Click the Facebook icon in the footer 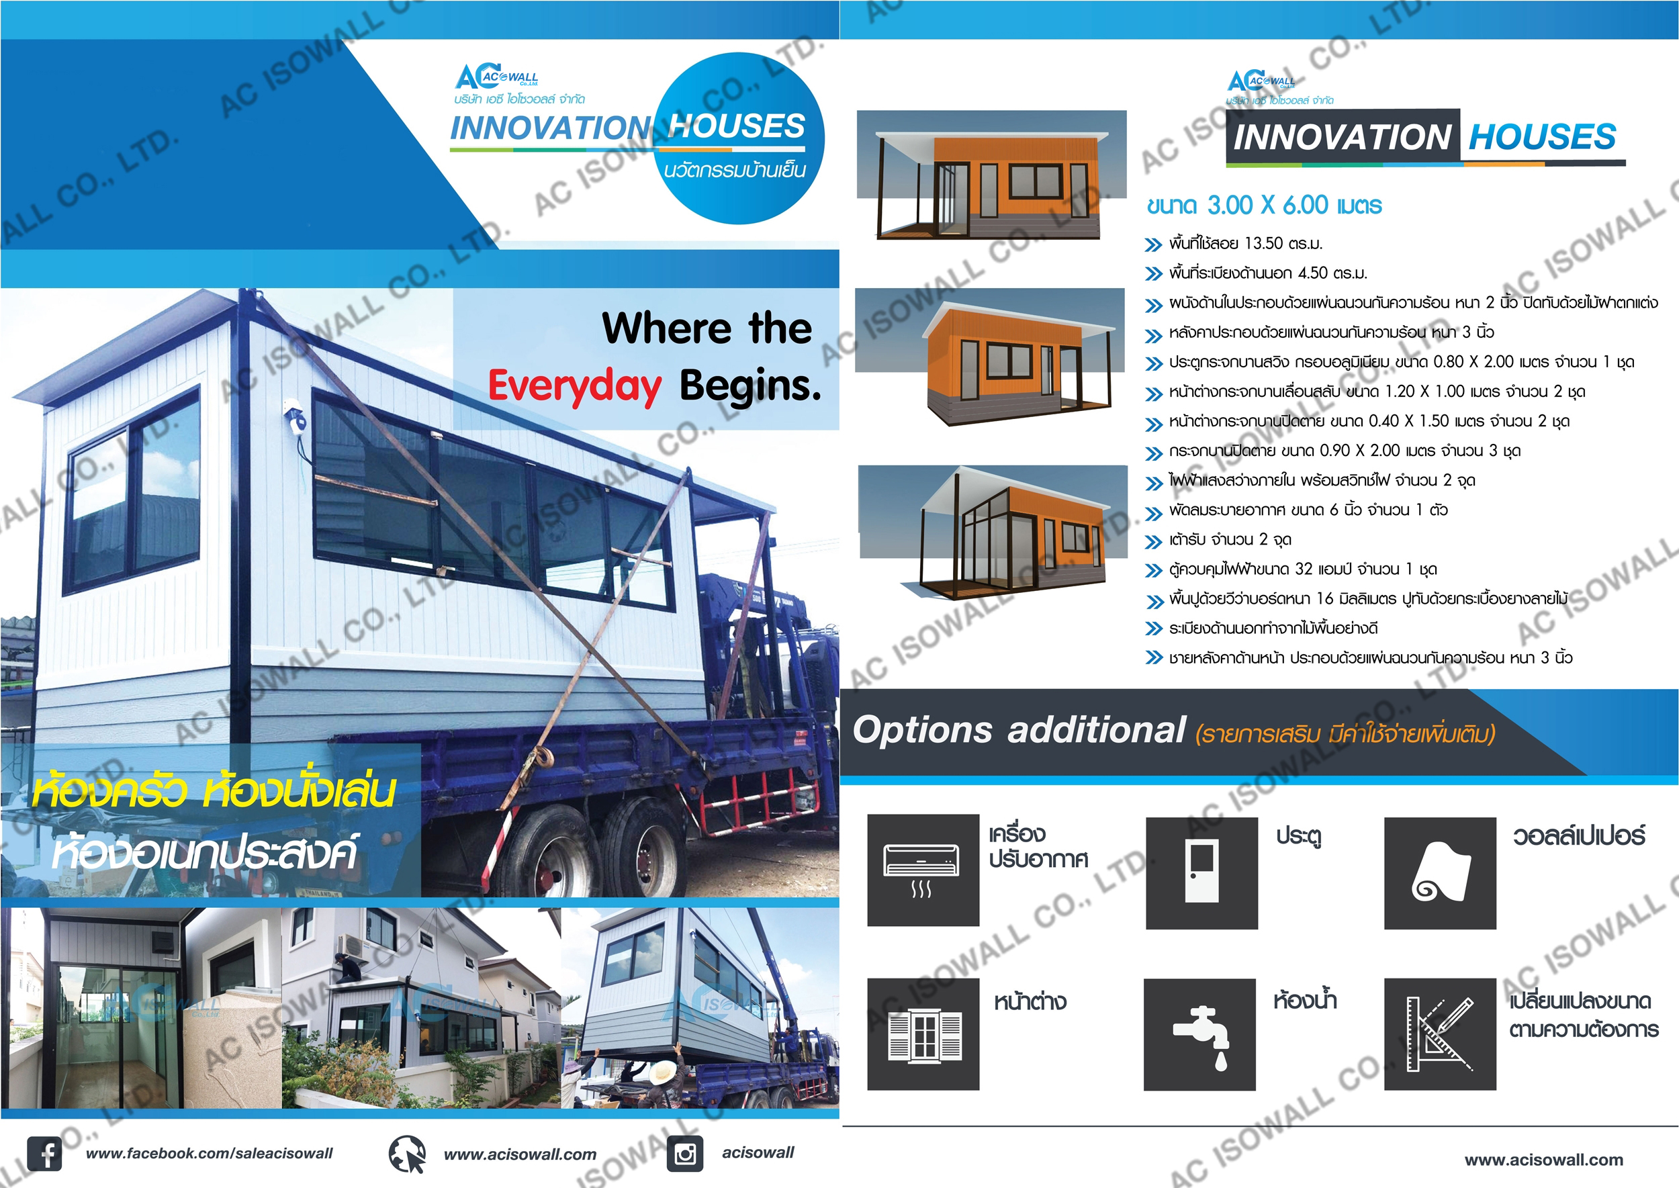click(x=44, y=1154)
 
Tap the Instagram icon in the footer click(x=685, y=1154)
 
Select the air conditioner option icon click(x=923, y=870)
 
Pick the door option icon click(x=1202, y=873)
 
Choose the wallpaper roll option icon click(x=1441, y=873)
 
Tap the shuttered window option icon click(x=923, y=1034)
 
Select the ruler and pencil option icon click(x=1441, y=1034)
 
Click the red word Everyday click(x=575, y=387)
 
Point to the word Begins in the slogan click(x=750, y=385)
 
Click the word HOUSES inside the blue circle click(x=736, y=126)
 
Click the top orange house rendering click(x=992, y=175)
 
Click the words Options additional click(x=1018, y=730)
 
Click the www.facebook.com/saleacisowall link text click(x=210, y=1154)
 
